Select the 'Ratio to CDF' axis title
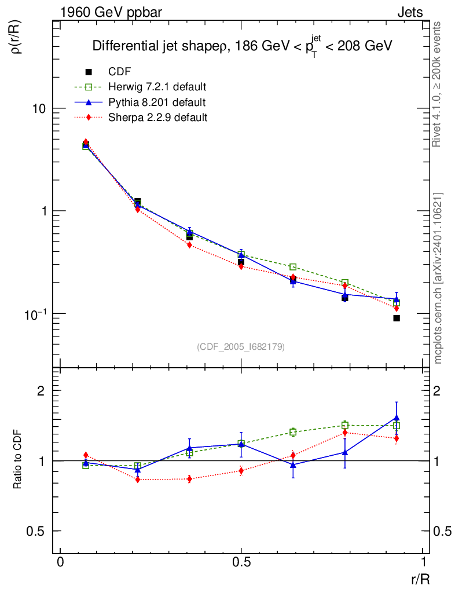17,461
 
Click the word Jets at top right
409,12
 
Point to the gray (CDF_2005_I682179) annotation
241,346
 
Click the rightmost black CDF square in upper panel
397,319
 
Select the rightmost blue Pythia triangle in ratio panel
397,418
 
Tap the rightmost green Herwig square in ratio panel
397,426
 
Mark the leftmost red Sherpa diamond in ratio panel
86,455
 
